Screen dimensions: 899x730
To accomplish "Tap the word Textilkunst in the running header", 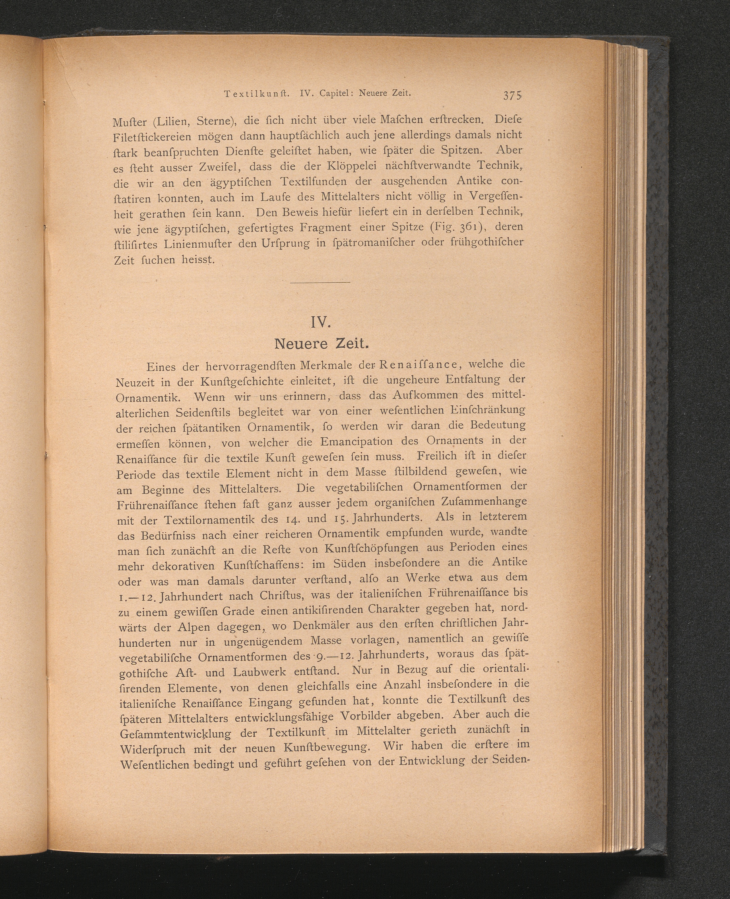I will click(256, 94).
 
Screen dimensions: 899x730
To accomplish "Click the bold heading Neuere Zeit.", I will click(321, 344).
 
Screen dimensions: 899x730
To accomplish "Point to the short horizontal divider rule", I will click(320, 282).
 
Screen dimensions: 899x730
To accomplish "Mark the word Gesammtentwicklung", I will click(176, 734).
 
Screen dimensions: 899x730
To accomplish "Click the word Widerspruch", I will click(153, 750).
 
